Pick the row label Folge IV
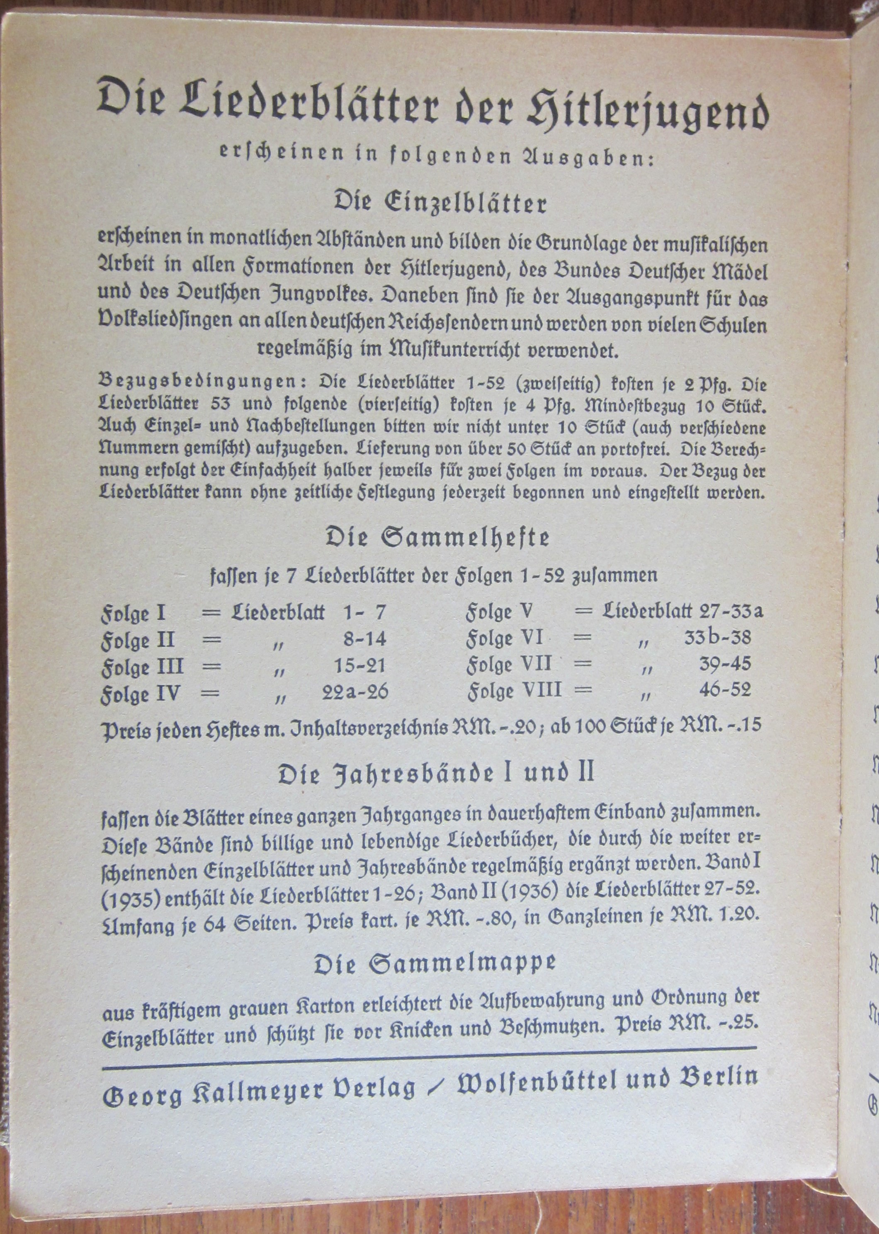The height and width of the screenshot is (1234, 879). [x=140, y=695]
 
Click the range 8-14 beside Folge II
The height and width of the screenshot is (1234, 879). [x=365, y=640]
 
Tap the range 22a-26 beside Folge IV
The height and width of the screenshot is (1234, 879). [x=355, y=693]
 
